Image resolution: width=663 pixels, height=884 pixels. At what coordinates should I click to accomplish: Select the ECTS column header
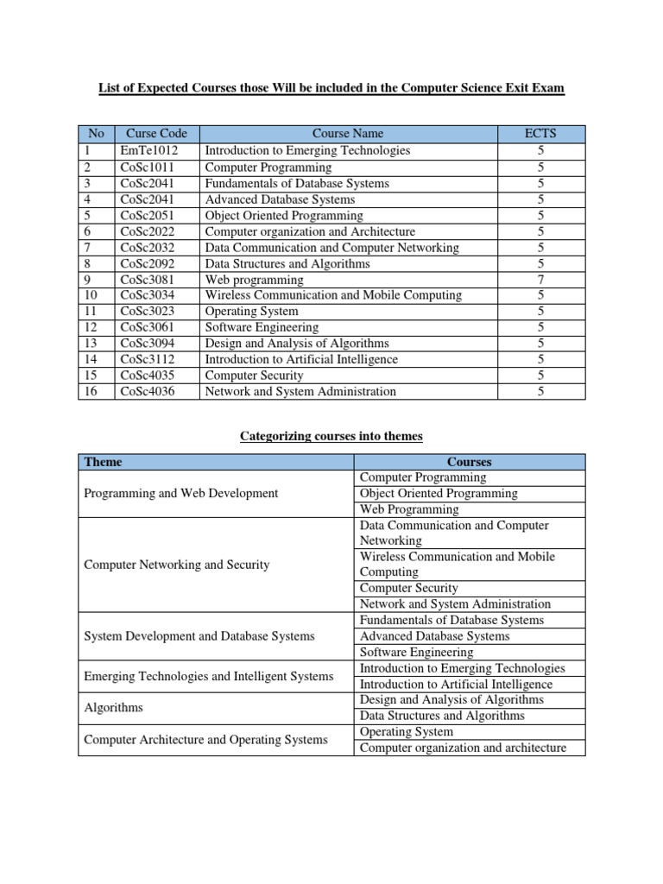(540, 134)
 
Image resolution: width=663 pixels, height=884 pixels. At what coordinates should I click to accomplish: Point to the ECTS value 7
(540, 279)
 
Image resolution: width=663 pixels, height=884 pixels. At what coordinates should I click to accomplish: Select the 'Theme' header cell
(103, 462)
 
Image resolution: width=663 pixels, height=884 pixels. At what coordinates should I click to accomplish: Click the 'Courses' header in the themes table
(470, 462)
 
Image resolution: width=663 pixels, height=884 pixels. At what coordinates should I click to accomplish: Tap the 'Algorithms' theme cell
(113, 708)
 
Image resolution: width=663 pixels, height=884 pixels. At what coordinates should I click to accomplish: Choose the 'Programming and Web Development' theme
(180, 493)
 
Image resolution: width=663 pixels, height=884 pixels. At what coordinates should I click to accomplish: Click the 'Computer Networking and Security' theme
(176, 565)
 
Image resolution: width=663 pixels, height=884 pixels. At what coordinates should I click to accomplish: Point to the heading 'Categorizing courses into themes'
(331, 437)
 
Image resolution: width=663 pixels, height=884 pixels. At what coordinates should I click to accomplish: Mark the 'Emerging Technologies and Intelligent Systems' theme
(208, 676)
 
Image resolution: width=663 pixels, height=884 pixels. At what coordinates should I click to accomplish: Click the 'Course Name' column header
(348, 134)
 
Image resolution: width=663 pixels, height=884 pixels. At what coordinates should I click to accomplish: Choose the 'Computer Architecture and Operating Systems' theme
(205, 740)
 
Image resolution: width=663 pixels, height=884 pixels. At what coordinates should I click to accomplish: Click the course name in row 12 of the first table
(262, 327)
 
